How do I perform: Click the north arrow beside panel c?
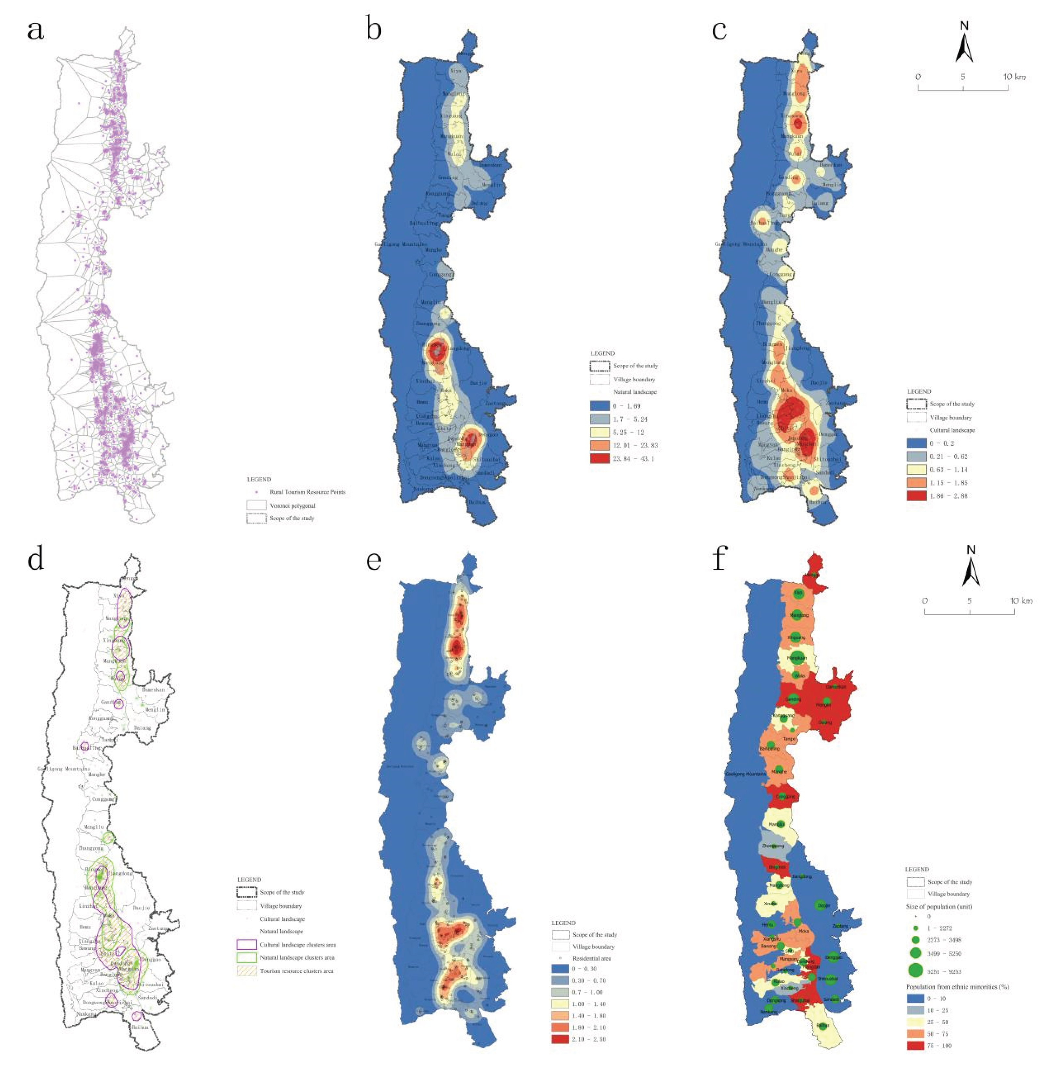pyautogui.click(x=964, y=43)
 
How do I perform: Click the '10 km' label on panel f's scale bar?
pyautogui.click(x=1021, y=600)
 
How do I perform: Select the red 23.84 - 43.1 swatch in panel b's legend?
pyautogui.click(x=600, y=458)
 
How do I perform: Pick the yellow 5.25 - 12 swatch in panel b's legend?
pyautogui.click(x=600, y=432)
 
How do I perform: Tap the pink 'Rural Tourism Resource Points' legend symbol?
pyautogui.click(x=256, y=492)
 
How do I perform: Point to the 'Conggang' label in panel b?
pyautogui.click(x=441, y=274)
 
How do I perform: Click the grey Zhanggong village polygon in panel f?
pyautogui.click(x=773, y=845)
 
